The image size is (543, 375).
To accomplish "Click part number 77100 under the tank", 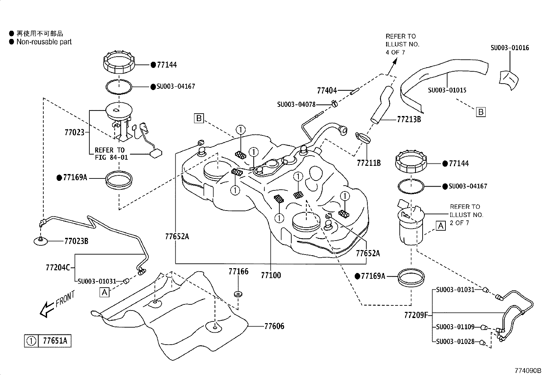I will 271,275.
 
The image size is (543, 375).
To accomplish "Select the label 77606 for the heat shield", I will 274,326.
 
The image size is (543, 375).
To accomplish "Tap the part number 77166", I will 238,272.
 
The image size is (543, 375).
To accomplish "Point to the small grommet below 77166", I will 238,293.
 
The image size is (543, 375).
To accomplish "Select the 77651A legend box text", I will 55,341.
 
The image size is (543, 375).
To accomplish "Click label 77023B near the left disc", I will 76,241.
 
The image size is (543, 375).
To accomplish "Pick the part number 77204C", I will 58,267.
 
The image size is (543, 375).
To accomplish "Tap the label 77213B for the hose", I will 409,119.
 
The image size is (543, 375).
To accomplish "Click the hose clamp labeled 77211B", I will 363,137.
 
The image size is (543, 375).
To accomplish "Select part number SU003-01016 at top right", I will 510,48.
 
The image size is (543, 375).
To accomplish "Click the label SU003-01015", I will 447,90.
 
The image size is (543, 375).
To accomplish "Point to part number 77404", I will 327,90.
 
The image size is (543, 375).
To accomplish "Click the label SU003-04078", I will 296,104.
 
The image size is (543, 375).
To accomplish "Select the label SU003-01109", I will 455,327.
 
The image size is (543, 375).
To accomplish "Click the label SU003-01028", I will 455,341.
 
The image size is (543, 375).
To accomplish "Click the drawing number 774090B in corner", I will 528,371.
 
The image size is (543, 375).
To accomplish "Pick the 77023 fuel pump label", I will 74,132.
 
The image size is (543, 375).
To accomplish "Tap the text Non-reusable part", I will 44,42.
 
